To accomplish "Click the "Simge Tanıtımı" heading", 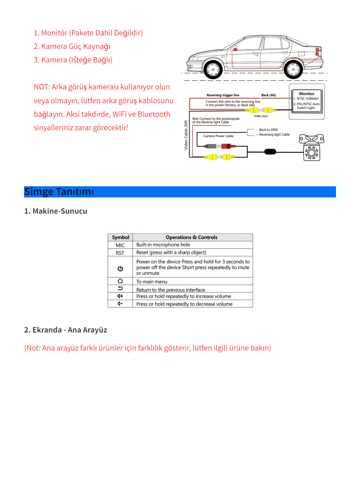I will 59,192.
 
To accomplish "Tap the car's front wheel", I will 213,70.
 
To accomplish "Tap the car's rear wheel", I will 293,70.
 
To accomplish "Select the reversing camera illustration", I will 312,148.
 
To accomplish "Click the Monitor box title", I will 307,94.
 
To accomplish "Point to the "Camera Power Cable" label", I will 218,136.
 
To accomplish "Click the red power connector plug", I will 227,146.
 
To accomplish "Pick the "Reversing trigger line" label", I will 223,95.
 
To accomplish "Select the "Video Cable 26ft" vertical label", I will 186,135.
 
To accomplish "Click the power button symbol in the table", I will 120,268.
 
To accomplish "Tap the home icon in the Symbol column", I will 120,281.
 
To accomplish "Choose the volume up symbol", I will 120,296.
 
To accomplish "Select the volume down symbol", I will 120,304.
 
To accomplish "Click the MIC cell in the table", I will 120,245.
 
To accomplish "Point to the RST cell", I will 120,253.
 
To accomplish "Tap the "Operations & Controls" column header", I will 191,237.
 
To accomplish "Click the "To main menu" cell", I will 152,282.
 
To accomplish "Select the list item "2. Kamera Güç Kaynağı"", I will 72,46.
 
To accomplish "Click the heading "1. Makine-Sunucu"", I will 56,211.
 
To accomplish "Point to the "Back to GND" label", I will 268,130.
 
